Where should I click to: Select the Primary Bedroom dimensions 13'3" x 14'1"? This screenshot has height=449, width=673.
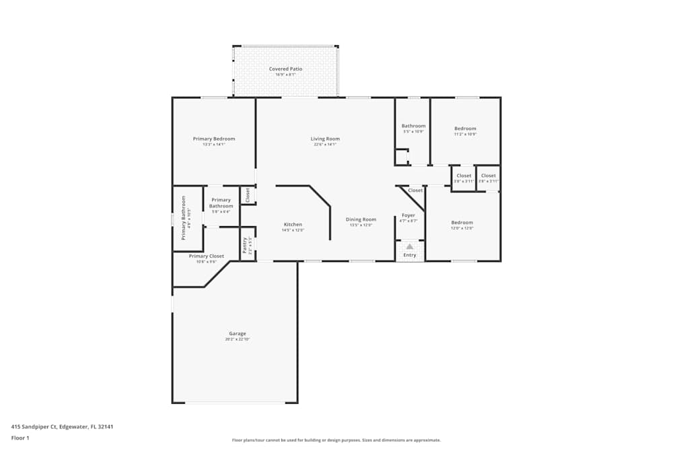214,144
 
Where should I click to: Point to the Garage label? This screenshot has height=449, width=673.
237,333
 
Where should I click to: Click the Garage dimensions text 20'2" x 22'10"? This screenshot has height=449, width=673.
237,339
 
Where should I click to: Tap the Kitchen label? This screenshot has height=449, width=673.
293,224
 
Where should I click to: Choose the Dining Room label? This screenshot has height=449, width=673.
361,219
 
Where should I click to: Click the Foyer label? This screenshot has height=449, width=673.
409,215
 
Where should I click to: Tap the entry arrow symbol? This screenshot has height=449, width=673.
409,246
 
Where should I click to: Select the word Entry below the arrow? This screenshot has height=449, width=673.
409,255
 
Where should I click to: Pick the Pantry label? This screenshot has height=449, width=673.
244,245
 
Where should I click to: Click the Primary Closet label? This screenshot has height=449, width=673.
207,256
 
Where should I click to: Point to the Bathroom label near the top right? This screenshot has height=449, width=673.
413,126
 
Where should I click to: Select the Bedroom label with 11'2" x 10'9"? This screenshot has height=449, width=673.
465,129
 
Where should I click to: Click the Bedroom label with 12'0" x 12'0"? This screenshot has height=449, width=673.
462,222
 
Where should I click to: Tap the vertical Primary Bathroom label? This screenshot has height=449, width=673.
183,218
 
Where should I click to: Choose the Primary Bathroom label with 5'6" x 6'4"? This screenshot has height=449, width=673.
221,203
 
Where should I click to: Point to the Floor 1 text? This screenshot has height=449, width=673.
20,438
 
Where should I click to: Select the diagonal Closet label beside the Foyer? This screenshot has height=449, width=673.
415,191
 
